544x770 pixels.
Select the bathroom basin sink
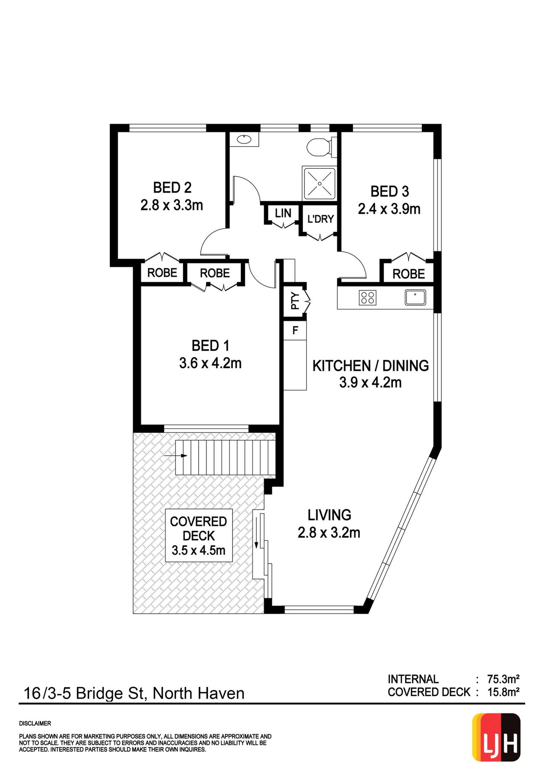click(x=244, y=139)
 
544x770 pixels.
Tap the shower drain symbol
click(x=320, y=183)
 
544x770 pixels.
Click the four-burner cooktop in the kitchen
click(x=368, y=297)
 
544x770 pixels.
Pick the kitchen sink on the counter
click(x=415, y=297)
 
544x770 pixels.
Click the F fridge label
click(x=295, y=330)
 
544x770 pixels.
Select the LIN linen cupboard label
click(x=283, y=213)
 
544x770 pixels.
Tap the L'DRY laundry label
click(x=320, y=219)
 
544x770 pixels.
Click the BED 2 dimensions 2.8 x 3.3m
click(x=172, y=205)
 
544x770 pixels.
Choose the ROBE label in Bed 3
click(x=408, y=274)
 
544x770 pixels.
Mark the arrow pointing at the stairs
click(x=176, y=456)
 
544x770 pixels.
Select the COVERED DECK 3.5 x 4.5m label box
click(x=198, y=536)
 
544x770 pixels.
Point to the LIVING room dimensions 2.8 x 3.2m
click(x=329, y=533)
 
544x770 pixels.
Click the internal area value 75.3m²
click(x=503, y=679)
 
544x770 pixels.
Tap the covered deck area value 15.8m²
click(x=503, y=692)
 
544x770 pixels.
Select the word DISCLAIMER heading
click(x=35, y=724)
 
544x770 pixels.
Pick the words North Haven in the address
click(x=198, y=693)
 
